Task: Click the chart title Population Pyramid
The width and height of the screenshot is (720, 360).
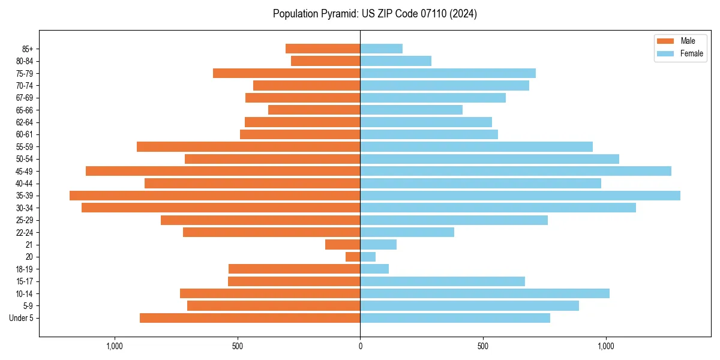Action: [x=374, y=14]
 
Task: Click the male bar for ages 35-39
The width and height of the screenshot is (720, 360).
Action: [x=215, y=196]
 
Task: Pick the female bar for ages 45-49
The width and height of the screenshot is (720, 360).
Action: [x=515, y=171]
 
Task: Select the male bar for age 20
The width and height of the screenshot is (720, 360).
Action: [x=353, y=257]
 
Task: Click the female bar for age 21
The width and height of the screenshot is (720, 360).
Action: [x=378, y=244]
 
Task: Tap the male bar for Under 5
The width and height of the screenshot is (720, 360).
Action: [x=250, y=318]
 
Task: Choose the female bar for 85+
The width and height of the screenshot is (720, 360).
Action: [x=381, y=49]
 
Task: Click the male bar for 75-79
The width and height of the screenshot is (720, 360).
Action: [x=286, y=73]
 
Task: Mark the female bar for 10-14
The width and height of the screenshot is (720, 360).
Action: [x=484, y=293]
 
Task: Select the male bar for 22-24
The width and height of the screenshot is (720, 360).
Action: [x=271, y=232]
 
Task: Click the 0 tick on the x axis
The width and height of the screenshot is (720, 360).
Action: [x=360, y=346]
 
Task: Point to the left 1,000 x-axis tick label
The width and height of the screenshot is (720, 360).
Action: [x=114, y=346]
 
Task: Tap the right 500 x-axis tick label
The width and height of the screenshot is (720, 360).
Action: [x=483, y=346]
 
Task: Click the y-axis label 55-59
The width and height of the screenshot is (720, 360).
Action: [x=25, y=147]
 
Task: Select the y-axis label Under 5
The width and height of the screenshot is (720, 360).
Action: [x=22, y=318]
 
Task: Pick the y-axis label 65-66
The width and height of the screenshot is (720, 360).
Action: [x=25, y=110]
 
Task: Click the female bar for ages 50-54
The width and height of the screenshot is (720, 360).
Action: [x=489, y=159]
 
